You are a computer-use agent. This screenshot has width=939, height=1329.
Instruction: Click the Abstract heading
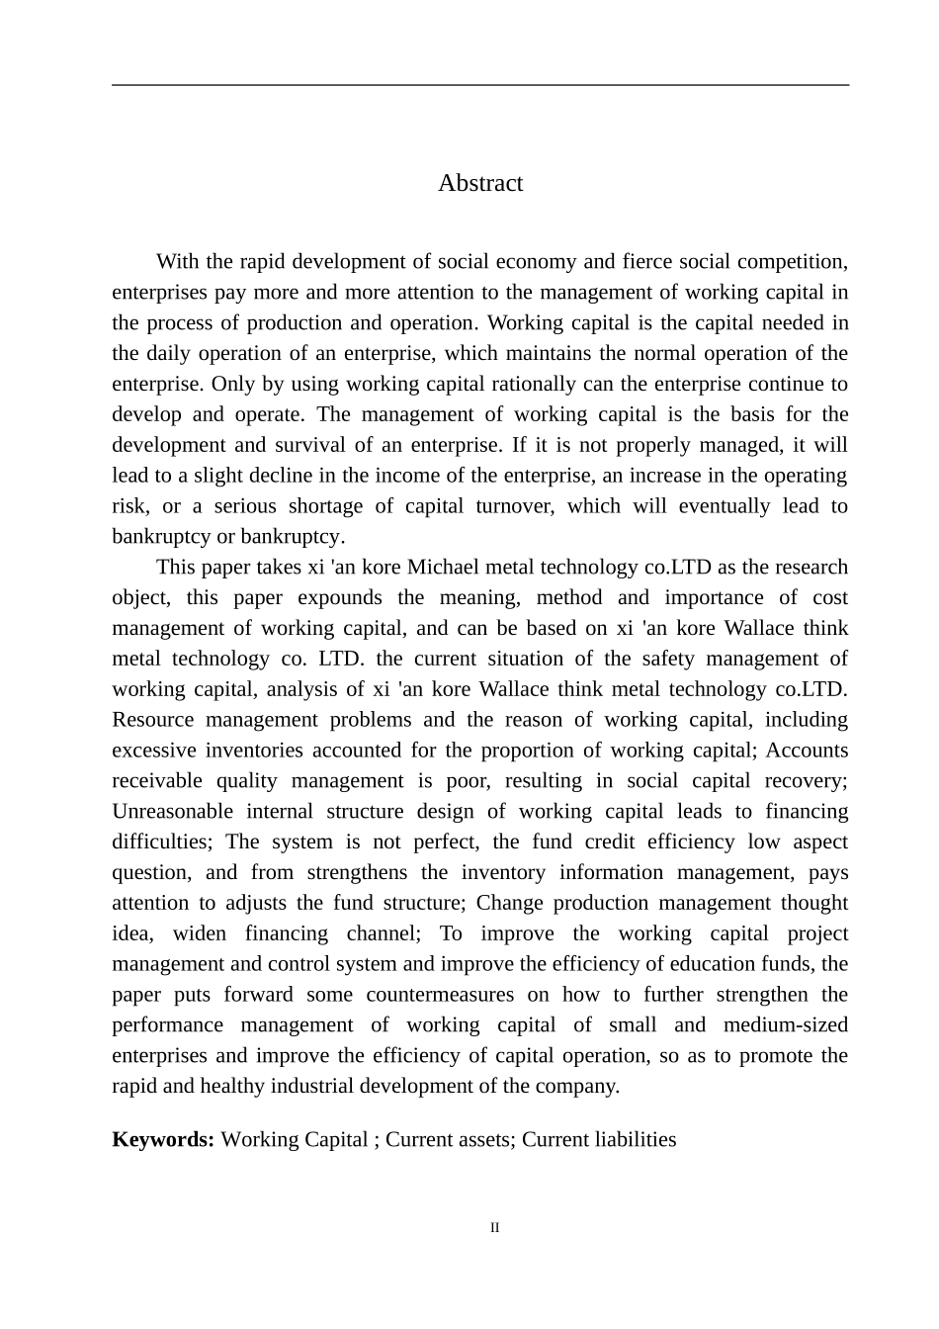tap(480, 183)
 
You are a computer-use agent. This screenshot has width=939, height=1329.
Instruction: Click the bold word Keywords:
tap(163, 1139)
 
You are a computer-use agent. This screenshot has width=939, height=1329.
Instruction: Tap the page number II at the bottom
tap(495, 1228)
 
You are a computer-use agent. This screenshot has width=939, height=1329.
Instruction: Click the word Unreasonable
tap(172, 812)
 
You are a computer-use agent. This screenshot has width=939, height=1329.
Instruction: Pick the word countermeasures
tap(440, 995)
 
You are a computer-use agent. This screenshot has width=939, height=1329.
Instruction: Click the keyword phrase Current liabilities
tap(599, 1139)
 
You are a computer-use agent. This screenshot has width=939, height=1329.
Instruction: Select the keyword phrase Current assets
tap(449, 1139)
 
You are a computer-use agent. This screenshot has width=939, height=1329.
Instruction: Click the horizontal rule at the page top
tap(480, 85)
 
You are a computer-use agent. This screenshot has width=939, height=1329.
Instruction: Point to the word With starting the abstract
tap(178, 262)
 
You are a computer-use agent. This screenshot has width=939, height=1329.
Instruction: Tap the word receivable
tap(156, 781)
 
